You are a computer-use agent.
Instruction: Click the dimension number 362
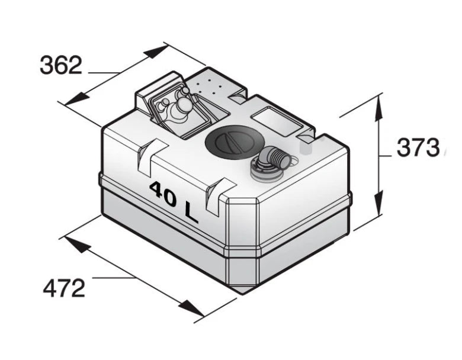pyautogui.click(x=62, y=65)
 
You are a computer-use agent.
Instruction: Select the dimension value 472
pyautogui.click(x=64, y=289)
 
